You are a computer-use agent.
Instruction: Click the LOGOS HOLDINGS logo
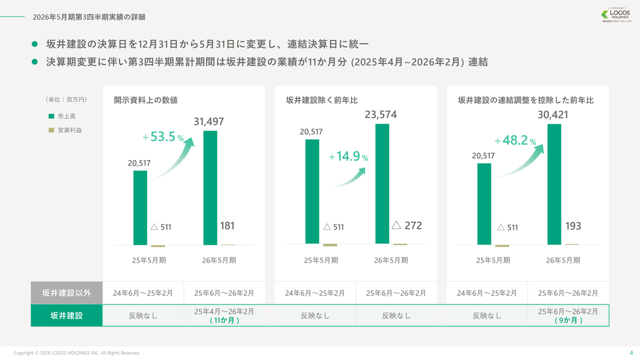coord(616,15)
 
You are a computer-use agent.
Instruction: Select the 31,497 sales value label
coord(208,121)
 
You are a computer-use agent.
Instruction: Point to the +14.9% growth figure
coord(348,156)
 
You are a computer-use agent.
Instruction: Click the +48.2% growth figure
coord(515,140)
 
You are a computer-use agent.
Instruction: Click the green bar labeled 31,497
coord(210,187)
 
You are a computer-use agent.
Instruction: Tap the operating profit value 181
coord(227,226)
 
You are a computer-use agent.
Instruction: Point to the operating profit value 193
coord(573,226)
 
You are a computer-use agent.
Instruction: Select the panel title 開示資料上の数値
coord(145,100)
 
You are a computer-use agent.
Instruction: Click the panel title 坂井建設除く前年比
coord(322,100)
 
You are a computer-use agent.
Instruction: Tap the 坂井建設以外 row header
coord(66,293)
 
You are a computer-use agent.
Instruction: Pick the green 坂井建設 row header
coord(66,315)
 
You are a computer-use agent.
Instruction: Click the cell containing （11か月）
coord(224,315)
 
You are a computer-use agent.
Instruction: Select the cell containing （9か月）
coord(568,315)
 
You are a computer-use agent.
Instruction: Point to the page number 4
coord(630,352)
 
